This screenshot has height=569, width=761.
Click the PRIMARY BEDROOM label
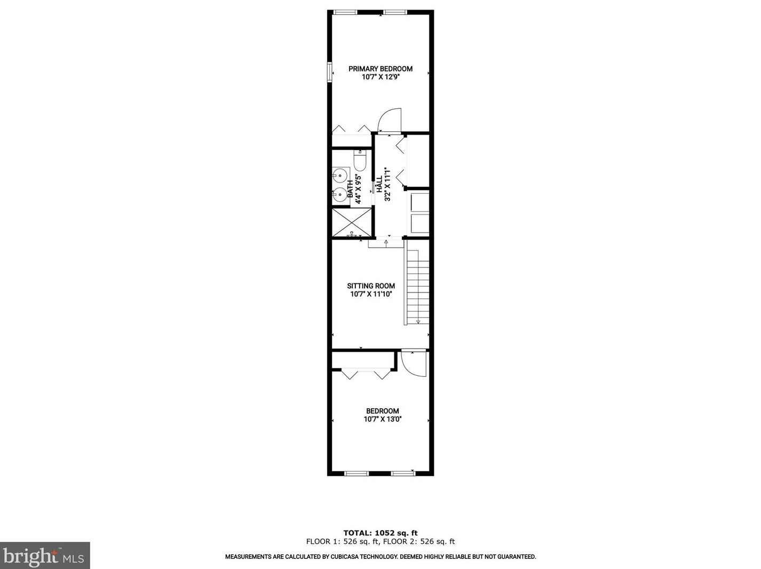tap(380, 69)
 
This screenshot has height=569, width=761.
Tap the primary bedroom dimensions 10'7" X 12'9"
tap(380, 77)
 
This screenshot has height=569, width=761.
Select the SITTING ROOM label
tap(371, 286)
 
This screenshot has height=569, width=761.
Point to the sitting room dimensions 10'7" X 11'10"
tap(371, 294)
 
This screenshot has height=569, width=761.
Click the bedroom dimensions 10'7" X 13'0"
tap(382, 419)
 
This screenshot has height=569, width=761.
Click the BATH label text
tap(351, 189)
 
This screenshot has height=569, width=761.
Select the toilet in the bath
tap(360, 159)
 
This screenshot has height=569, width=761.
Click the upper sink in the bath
tap(339, 174)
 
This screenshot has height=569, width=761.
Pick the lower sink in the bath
tap(339, 195)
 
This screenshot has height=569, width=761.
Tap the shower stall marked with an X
tap(351, 221)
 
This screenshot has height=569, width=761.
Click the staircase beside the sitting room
tap(418, 283)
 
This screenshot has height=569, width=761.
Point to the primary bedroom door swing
tap(389, 121)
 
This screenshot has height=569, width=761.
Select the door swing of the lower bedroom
tap(414, 363)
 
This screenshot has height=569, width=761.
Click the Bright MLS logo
tap(45, 556)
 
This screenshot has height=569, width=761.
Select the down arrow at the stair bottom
tap(418, 321)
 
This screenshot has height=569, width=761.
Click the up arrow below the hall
tap(386, 242)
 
